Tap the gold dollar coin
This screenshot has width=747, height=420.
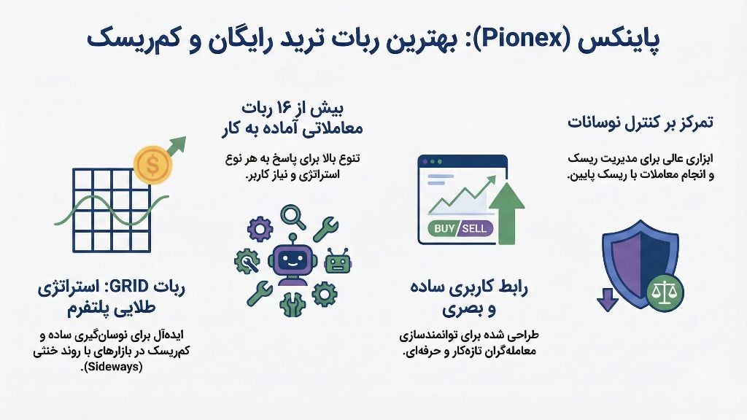click(x=152, y=165)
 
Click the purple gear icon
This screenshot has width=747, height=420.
click(x=260, y=230)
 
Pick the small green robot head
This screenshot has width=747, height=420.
click(x=338, y=260)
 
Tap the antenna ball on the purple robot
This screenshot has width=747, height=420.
click(x=292, y=237)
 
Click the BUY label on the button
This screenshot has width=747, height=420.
click(x=444, y=228)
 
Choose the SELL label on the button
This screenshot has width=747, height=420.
click(x=476, y=228)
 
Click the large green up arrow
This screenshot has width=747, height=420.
click(x=507, y=211)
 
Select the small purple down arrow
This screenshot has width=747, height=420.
click(x=607, y=298)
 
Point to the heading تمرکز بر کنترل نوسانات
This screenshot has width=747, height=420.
click(x=640, y=122)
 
